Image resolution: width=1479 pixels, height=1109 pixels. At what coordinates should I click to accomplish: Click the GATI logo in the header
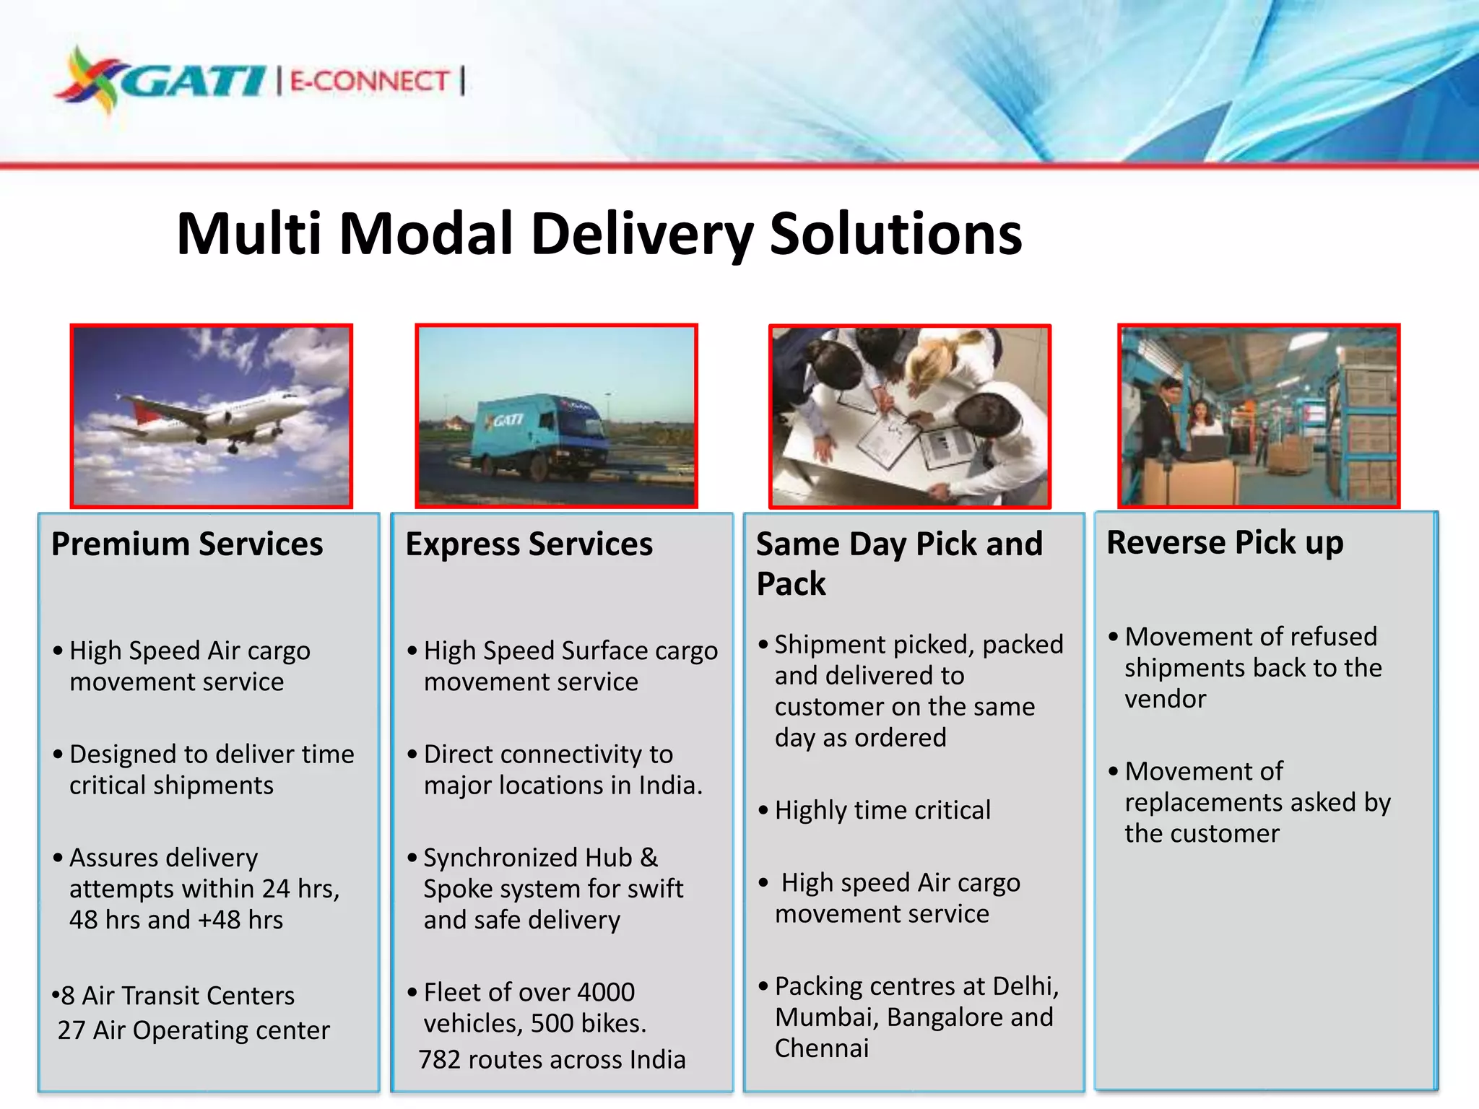[162, 79]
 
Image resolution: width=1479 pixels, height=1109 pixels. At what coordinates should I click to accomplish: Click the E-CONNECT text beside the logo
[370, 80]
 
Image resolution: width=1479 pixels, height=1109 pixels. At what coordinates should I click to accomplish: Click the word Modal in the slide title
[426, 234]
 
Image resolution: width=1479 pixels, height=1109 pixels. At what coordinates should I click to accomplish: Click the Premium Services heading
[187, 544]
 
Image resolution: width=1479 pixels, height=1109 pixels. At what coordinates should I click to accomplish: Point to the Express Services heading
[529, 544]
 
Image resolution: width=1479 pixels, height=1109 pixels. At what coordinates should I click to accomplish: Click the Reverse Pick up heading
[1225, 542]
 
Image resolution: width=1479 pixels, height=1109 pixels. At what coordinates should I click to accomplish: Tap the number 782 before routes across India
[440, 1059]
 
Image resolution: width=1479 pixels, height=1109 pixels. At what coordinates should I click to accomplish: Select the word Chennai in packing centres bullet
[822, 1048]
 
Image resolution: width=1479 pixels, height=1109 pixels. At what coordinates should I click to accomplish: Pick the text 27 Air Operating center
[194, 1030]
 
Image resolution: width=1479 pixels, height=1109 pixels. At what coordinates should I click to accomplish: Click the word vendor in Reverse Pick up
[1165, 699]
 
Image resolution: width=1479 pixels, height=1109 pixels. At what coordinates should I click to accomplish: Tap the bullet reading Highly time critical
[882, 810]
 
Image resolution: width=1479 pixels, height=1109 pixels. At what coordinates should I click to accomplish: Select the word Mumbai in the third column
[826, 1017]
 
